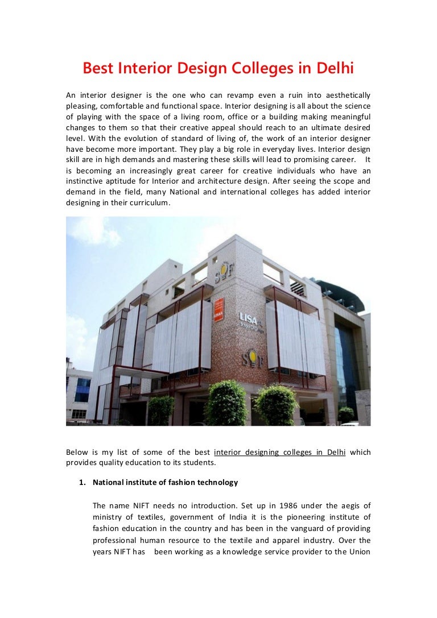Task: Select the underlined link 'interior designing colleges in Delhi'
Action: (x=279, y=453)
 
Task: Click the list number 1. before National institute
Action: (x=82, y=482)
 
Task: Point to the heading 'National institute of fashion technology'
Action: (x=165, y=482)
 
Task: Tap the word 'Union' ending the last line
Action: (x=358, y=551)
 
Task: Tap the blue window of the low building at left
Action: (x=83, y=390)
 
